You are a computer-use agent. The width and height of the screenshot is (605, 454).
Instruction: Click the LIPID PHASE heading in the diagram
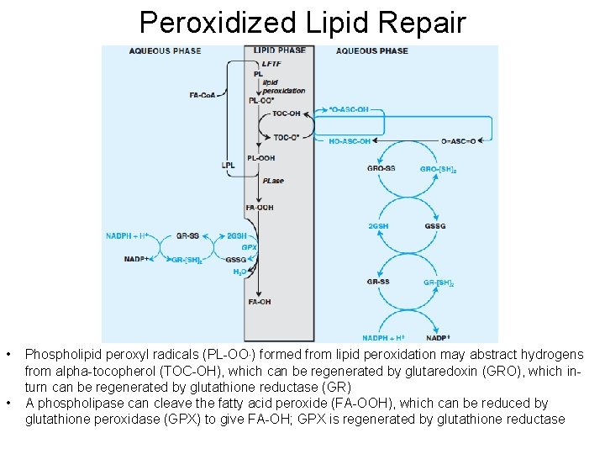tap(280, 50)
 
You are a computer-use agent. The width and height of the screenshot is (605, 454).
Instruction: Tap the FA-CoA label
tap(204, 94)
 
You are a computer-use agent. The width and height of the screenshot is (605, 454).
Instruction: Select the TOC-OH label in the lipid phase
tap(287, 113)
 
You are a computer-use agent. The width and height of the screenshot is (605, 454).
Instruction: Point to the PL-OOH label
tap(261, 158)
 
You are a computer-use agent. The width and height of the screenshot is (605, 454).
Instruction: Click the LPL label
tap(228, 165)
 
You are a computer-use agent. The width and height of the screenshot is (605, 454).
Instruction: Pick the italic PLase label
tap(272, 181)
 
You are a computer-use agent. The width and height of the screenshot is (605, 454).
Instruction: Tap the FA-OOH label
tap(260, 208)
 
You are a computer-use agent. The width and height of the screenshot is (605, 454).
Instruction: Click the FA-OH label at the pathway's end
tap(259, 302)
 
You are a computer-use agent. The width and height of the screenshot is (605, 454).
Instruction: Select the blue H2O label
tap(239, 272)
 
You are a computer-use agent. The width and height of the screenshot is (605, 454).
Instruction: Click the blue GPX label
tap(249, 247)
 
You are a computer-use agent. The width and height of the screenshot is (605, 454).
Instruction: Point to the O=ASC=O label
tap(458, 141)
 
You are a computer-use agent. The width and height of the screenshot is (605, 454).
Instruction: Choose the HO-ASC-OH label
tap(350, 141)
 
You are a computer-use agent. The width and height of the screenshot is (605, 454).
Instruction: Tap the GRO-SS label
tap(381, 169)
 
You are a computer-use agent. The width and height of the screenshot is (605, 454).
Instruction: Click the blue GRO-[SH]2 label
tap(439, 169)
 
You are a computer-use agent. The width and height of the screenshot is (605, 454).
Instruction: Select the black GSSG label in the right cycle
tap(435, 226)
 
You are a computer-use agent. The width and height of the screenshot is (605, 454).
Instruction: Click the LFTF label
tap(272, 63)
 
